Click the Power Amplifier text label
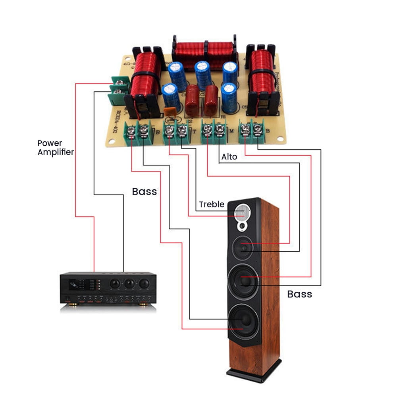pyautogui.click(x=56, y=147)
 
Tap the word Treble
pyautogui.click(x=212, y=204)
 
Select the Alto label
pyautogui.click(x=229, y=157)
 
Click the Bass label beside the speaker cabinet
pyautogui.click(x=299, y=294)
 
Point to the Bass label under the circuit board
pyautogui.click(x=144, y=192)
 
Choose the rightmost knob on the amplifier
pyautogui.click(x=144, y=283)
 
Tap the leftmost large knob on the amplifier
pyautogui.click(x=115, y=283)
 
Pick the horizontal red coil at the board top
pyautogui.click(x=204, y=52)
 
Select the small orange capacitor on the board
pyautogui.click(x=170, y=112)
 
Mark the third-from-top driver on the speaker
pyautogui.click(x=243, y=280)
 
